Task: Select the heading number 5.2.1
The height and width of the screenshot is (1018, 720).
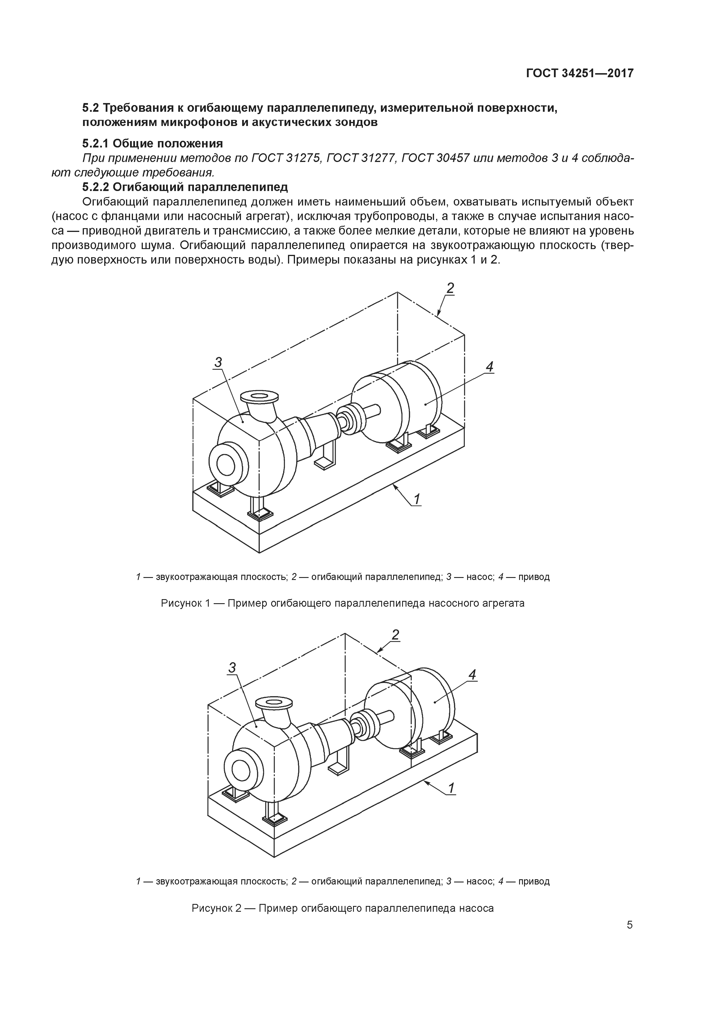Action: (95, 144)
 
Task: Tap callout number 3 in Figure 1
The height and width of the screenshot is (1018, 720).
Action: (218, 363)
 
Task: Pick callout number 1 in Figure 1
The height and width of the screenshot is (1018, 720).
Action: (417, 499)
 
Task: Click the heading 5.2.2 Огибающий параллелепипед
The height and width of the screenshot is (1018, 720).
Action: (185, 187)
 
